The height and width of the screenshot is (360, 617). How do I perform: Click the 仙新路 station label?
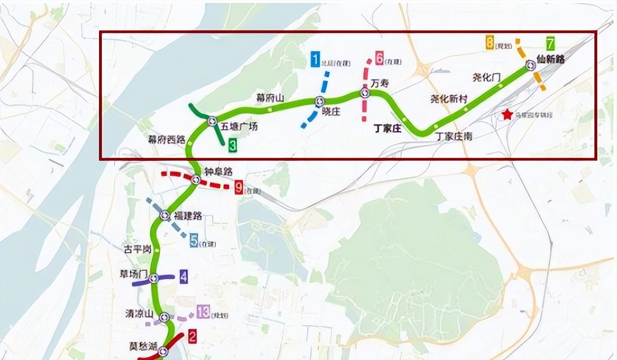(x=550, y=60)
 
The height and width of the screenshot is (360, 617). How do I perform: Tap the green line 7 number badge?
(x=551, y=43)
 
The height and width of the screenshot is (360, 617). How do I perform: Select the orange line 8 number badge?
(x=489, y=44)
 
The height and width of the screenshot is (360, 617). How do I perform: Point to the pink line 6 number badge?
(x=379, y=58)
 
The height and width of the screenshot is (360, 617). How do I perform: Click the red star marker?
(x=507, y=115)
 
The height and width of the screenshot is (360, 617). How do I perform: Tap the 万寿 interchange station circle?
(x=365, y=92)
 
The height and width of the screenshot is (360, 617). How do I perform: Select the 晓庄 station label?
(x=332, y=111)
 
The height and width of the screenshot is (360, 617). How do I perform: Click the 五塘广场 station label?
(x=239, y=127)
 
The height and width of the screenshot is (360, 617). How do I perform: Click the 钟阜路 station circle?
(x=195, y=180)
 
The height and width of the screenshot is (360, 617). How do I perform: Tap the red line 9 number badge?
(x=239, y=187)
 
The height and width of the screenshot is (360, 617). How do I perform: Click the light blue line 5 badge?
(x=194, y=241)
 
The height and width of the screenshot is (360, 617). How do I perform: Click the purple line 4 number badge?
(x=183, y=277)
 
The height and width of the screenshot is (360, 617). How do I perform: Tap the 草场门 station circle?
(x=154, y=278)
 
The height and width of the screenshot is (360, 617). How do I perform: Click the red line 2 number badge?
(x=192, y=336)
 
